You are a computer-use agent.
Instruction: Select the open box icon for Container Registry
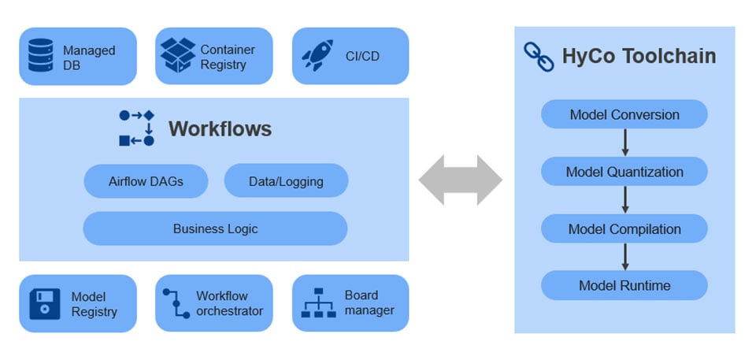(177, 56)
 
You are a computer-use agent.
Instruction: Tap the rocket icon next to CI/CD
(317, 56)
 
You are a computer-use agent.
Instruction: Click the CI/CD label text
(362, 57)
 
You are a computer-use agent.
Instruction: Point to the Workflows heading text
(220, 128)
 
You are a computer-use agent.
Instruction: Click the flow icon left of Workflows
(136, 128)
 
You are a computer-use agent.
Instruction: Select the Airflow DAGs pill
(146, 181)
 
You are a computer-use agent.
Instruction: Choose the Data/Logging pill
(286, 181)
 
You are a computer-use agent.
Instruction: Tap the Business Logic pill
(215, 228)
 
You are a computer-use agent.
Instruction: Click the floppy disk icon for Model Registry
(45, 304)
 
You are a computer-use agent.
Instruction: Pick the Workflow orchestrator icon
(176, 303)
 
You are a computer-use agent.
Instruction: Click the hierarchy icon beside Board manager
(318, 304)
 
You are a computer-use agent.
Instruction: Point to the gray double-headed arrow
(460, 180)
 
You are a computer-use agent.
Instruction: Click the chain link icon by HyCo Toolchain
(539, 57)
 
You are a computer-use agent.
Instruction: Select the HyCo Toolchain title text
(639, 57)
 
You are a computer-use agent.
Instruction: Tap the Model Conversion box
(624, 114)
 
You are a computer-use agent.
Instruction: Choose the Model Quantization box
(624, 172)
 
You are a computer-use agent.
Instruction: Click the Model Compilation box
(624, 229)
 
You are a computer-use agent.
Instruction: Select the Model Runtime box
(624, 285)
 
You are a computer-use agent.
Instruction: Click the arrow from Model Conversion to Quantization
(624, 143)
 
